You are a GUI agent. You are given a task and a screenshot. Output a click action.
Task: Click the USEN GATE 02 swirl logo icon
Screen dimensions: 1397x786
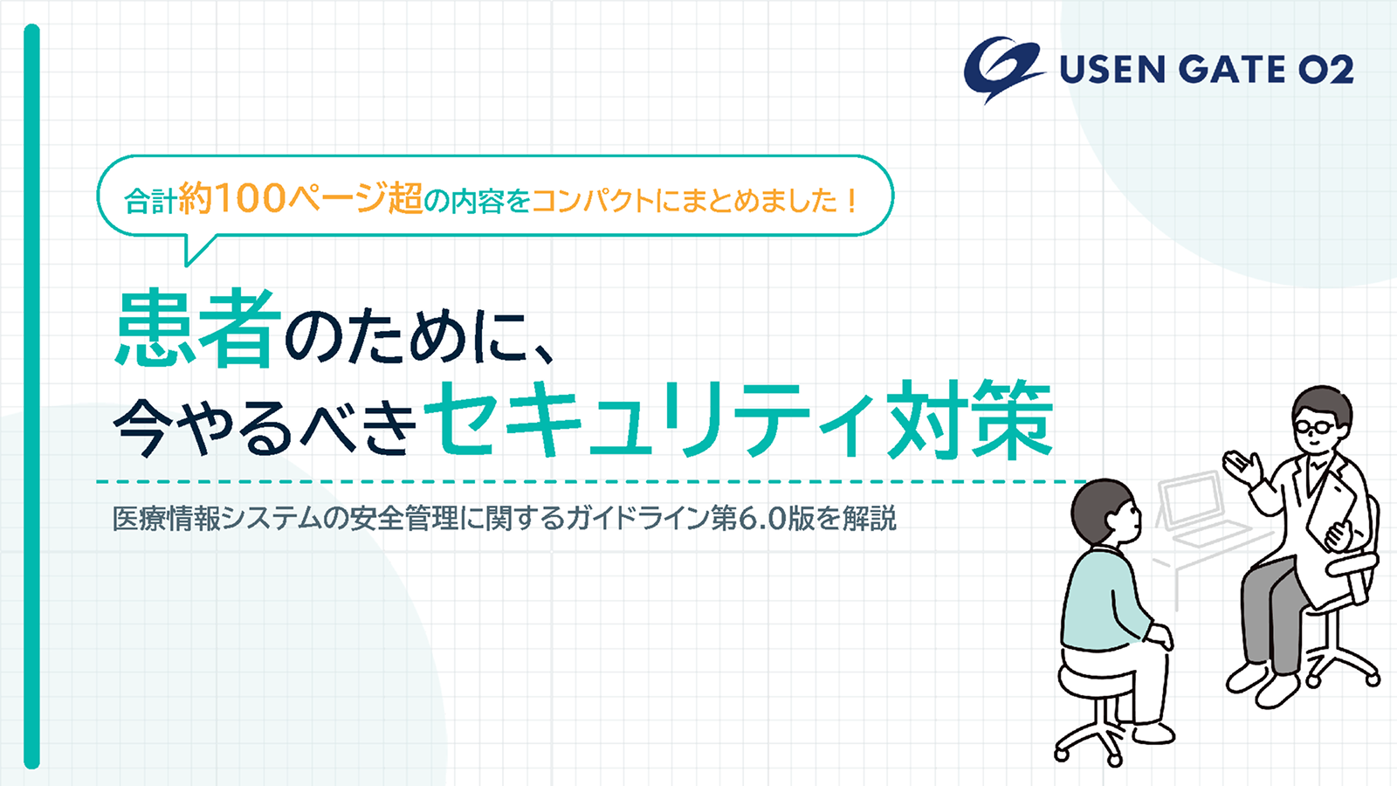1004,69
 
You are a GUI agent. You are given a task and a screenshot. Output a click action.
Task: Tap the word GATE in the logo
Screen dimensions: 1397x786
1231,69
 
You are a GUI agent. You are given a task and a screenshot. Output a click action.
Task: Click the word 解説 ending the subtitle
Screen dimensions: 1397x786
870,519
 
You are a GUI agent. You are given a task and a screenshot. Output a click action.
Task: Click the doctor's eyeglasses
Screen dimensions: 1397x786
1314,427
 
